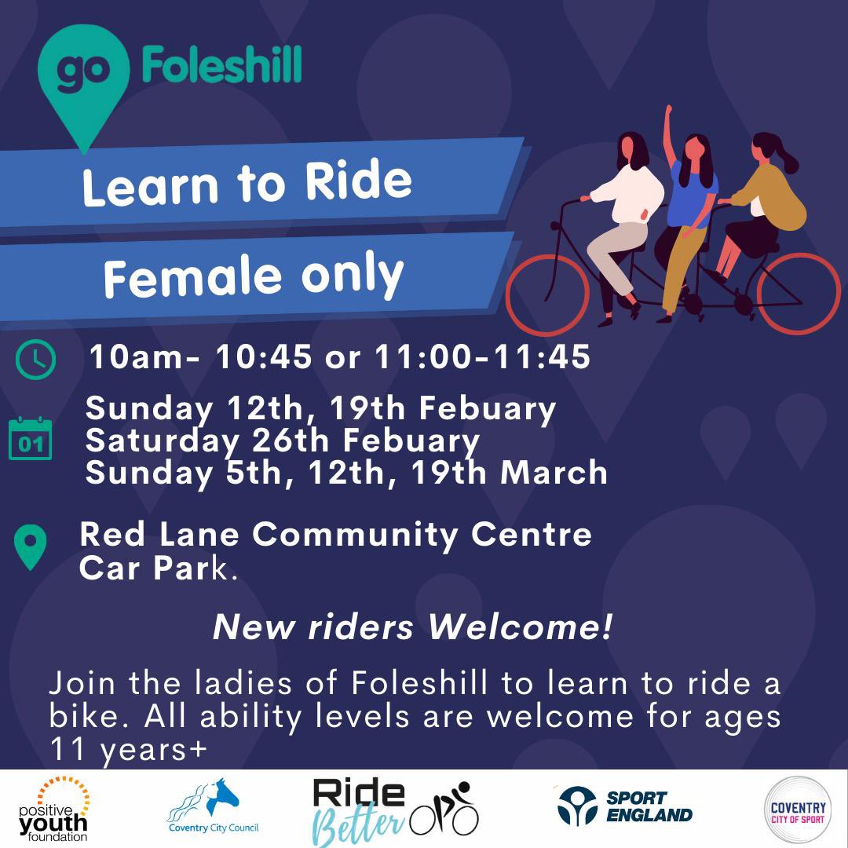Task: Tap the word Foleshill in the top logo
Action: click(221, 65)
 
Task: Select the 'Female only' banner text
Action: click(253, 276)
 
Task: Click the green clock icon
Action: click(35, 360)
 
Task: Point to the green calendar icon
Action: click(30, 440)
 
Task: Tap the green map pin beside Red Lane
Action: click(31, 546)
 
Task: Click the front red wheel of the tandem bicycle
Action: click(547, 294)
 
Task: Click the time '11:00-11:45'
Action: click(483, 358)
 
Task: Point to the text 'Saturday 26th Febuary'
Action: click(282, 440)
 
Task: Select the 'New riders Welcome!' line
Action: click(412, 627)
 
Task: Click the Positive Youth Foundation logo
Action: click(53, 809)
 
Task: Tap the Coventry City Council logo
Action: click(213, 807)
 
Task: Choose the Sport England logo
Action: click(625, 806)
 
